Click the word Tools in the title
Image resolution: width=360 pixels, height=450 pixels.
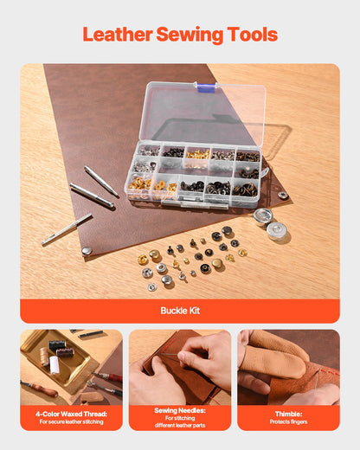pyautogui.click(x=252, y=35)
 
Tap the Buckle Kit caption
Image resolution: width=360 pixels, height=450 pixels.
pyautogui.click(x=180, y=310)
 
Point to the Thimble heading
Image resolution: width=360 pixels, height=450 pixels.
pyautogui.click(x=288, y=414)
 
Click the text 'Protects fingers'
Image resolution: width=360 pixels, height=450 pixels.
pyautogui.click(x=288, y=421)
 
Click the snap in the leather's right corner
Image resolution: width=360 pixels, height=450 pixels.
pyautogui.click(x=283, y=196)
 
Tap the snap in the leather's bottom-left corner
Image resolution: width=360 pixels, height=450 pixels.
pyautogui.click(x=87, y=251)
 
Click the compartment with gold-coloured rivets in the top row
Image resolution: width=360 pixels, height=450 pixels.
pyautogui.click(x=199, y=154)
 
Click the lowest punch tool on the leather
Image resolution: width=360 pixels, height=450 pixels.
pyautogui.click(x=67, y=228)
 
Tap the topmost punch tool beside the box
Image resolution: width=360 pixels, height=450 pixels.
pyautogui.click(x=101, y=182)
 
